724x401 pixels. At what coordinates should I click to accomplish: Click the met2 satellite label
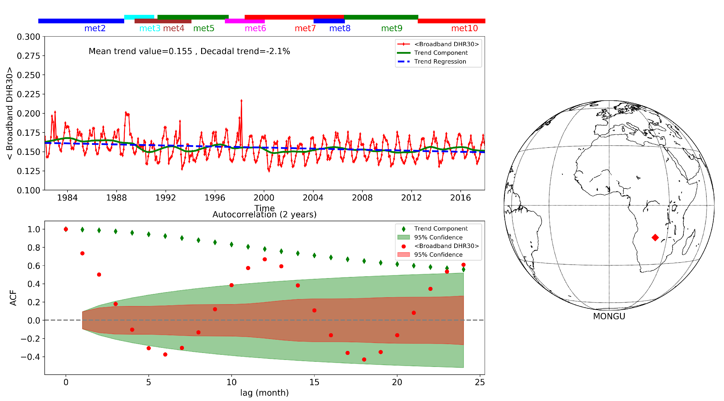tap(95, 28)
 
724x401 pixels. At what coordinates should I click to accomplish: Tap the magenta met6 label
tap(255, 28)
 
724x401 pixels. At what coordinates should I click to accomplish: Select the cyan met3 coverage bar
tap(139, 17)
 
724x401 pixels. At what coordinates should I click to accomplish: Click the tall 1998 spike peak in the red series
tap(241, 100)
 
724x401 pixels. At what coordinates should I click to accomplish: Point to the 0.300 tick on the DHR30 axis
tap(28, 37)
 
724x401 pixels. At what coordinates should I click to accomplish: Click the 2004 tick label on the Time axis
tap(313, 198)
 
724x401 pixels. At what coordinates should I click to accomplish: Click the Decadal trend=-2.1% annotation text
tap(245, 51)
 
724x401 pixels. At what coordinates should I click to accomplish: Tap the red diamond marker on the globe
tap(655, 238)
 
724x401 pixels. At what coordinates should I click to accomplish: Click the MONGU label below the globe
tap(609, 316)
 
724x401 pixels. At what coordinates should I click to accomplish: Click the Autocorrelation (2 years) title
tap(264, 214)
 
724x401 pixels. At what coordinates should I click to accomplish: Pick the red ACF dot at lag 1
tap(82, 253)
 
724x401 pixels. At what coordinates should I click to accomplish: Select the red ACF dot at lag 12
tap(264, 259)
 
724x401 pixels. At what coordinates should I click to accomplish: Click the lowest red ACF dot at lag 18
tap(364, 359)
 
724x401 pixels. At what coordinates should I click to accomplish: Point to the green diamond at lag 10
tap(231, 244)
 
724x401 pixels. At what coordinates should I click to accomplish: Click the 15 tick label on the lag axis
tap(314, 382)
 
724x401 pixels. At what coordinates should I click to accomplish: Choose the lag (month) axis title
tap(264, 393)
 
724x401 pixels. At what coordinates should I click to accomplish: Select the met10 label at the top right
tap(464, 28)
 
